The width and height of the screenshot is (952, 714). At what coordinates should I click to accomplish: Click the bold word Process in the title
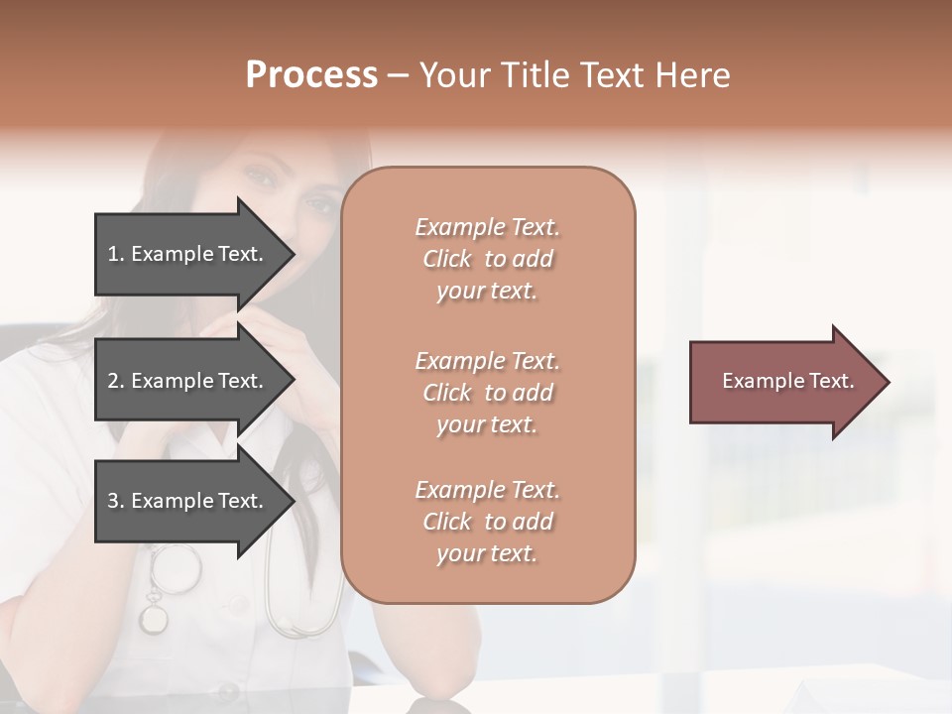point(311,75)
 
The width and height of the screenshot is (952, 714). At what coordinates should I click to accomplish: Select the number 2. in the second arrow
point(116,381)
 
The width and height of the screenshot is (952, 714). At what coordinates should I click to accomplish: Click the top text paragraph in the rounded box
point(487,259)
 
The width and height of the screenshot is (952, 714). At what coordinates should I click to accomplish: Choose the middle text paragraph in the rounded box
point(487,393)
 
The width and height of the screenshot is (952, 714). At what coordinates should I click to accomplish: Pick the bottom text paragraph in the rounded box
point(487,522)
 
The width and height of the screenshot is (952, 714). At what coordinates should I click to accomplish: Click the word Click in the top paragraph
point(447,259)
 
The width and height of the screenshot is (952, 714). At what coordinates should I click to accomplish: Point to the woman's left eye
point(319,205)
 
